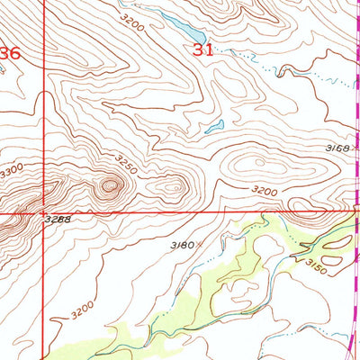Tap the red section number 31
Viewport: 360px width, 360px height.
203,51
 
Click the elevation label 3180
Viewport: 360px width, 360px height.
182,244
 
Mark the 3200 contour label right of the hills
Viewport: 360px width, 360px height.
264,191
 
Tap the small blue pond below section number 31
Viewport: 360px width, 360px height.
213,127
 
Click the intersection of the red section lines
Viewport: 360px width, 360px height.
42,212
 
